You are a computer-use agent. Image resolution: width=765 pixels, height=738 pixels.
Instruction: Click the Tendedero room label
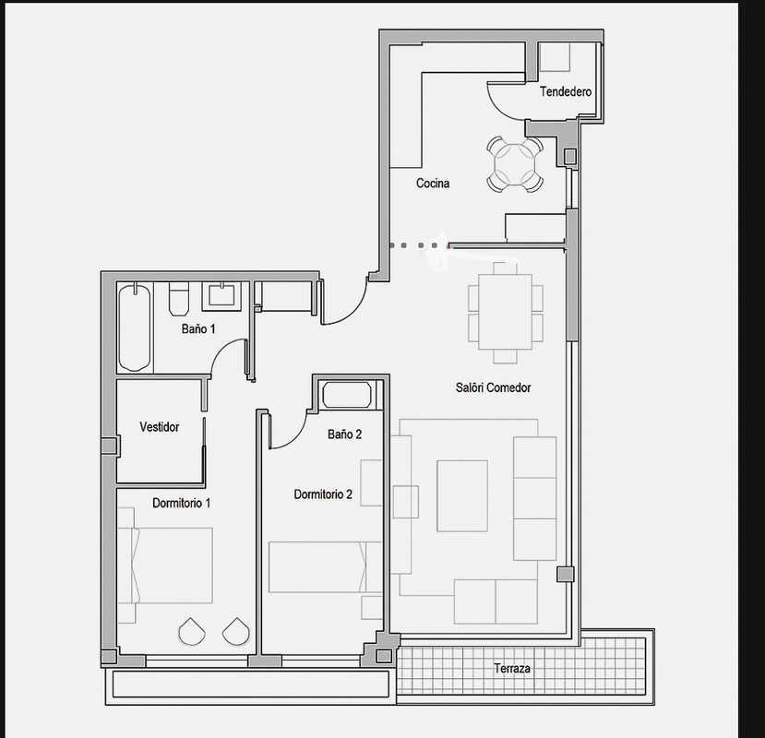point(566,91)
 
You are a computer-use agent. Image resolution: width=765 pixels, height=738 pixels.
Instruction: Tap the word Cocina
point(433,184)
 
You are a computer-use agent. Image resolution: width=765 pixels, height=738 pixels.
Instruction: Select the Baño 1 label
point(198,328)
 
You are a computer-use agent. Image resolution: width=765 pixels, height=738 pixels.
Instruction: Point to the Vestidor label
point(159,427)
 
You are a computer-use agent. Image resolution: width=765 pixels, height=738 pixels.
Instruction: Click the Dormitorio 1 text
point(182,503)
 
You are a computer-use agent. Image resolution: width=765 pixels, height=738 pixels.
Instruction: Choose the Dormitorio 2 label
point(323,494)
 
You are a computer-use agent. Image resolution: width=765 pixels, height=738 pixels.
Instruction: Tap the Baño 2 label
point(344,434)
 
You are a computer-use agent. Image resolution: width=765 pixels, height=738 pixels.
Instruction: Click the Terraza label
point(512,668)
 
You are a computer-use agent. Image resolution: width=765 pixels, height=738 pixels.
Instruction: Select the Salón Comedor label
point(494,387)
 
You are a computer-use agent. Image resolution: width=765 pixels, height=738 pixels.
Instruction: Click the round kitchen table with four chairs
point(515,164)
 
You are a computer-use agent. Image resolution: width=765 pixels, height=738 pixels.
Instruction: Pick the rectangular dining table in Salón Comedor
point(505,312)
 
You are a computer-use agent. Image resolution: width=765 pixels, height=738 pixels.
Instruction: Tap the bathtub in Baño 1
point(134,327)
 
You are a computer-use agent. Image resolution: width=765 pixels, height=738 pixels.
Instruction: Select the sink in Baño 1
point(221,295)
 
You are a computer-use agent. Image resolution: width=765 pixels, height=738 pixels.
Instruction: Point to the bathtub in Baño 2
point(346,395)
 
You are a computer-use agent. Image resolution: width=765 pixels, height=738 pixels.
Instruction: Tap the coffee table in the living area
point(462,495)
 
